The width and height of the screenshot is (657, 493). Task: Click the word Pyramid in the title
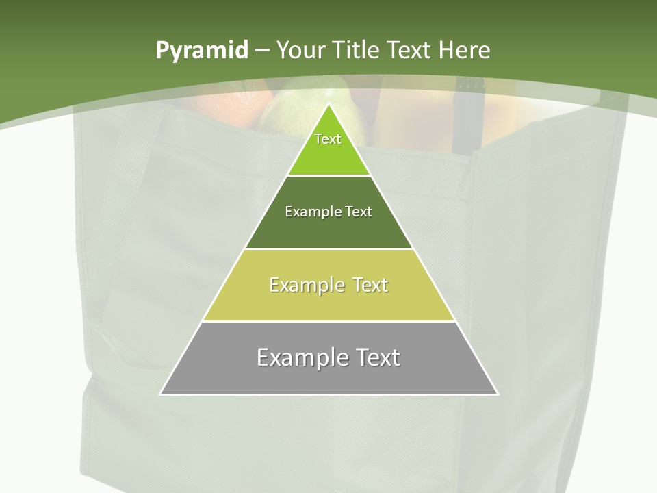[202, 50]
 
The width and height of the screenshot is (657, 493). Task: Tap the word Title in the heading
[355, 50]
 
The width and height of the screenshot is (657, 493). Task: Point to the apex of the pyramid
[328, 105]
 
